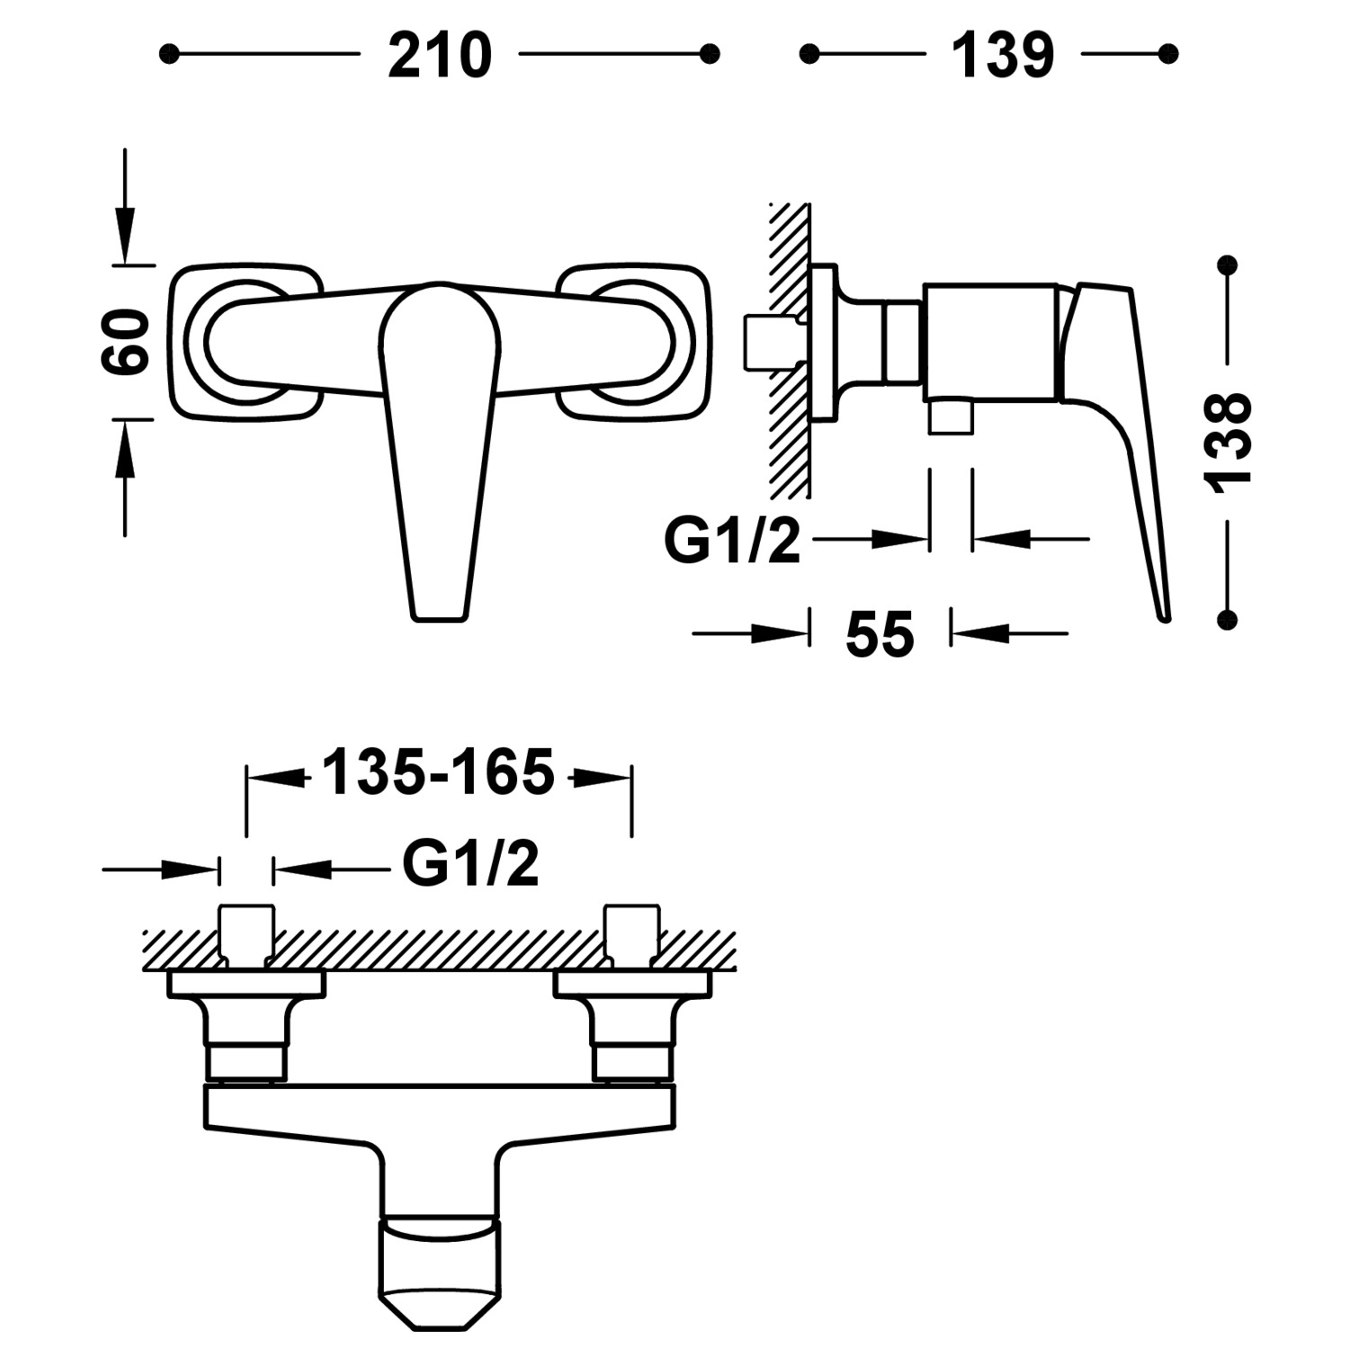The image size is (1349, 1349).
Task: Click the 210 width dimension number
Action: click(440, 56)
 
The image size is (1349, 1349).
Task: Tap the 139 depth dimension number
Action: click(1002, 56)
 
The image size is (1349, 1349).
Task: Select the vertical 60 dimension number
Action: click(125, 342)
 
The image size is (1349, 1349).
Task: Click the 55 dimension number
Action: click(880, 635)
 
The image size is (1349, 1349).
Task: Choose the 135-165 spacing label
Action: click(438, 773)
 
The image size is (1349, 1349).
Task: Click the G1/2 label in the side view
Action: click(732, 540)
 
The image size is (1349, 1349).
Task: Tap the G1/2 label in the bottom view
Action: click(470, 864)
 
